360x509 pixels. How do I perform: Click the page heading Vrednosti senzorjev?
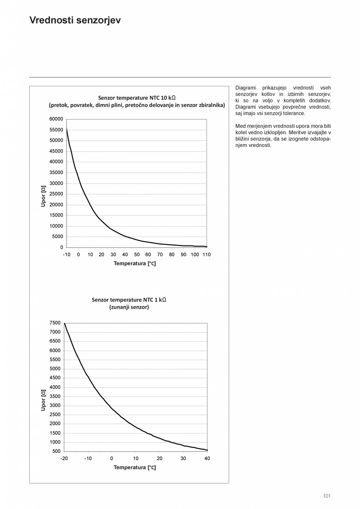75,20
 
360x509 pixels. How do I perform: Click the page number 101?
327,496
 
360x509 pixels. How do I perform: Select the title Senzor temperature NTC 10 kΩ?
137,97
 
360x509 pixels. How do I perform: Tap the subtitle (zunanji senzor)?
129,307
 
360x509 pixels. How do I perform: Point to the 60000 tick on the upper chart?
56,119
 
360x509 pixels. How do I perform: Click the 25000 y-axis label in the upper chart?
56,194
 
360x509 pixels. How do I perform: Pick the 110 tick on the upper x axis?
206,255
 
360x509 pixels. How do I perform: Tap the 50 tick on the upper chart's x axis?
137,255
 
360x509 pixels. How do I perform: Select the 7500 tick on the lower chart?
55,323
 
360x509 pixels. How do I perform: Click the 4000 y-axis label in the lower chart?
55,387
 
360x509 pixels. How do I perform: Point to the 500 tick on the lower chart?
56,451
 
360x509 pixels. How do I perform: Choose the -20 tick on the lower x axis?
64,459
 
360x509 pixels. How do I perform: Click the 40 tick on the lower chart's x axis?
207,459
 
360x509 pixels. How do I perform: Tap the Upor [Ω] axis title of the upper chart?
43,196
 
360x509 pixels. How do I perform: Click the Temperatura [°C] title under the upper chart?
135,264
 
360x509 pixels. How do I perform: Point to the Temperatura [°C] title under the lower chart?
135,468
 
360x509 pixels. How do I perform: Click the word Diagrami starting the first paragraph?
245,88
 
